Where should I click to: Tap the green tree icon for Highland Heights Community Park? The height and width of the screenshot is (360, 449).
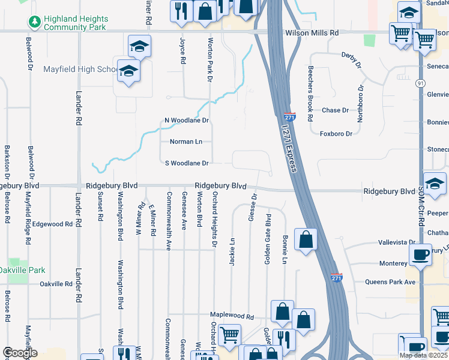(34, 23)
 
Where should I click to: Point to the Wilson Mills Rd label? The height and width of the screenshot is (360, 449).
(312, 33)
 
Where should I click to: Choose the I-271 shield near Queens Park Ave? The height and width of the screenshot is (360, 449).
(337, 277)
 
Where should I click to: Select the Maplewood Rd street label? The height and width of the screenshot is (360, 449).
(232, 316)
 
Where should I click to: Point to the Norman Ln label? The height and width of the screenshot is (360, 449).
(185, 142)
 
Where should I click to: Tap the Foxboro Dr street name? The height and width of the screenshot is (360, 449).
(336, 133)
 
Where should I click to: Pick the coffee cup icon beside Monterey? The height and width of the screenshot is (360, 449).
(420, 254)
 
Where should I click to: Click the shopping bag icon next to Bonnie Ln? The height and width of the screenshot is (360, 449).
(306, 239)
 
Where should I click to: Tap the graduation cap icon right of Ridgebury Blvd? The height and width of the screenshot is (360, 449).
(435, 182)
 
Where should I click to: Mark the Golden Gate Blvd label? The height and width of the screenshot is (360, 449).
(268, 238)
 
